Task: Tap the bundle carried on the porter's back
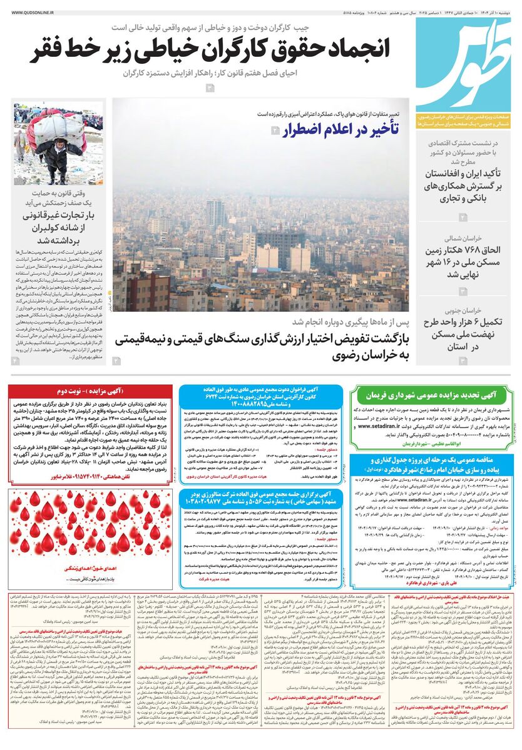pos(58,121)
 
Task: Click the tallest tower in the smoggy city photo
pos(215,212)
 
